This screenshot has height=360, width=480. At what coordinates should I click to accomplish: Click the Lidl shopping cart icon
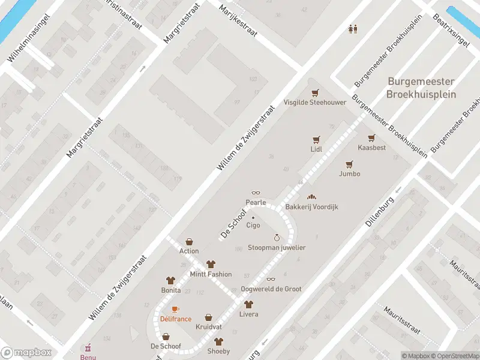click(x=316, y=139)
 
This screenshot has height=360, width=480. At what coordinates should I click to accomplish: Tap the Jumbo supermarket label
click(x=350, y=174)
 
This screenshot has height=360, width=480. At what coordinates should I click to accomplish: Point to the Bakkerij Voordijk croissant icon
click(x=311, y=197)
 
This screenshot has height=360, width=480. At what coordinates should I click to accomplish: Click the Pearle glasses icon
click(x=256, y=193)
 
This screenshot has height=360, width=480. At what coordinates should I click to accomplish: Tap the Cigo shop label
click(x=253, y=226)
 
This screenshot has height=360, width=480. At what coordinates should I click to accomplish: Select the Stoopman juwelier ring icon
click(x=277, y=238)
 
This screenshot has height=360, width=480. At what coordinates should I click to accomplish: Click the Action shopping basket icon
click(x=189, y=241)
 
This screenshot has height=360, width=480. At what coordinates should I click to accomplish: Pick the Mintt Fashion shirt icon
click(x=211, y=264)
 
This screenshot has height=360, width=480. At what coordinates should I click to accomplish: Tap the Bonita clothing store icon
click(x=170, y=280)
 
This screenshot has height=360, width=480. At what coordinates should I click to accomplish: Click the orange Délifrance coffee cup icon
click(x=175, y=309)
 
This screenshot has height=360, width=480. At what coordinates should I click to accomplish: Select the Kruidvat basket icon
click(x=208, y=317)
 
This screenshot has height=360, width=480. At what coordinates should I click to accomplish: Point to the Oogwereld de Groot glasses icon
click(x=271, y=279)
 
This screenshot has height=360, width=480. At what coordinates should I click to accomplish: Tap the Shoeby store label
click(x=218, y=351)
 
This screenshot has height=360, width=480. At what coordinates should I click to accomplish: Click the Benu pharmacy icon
click(x=88, y=347)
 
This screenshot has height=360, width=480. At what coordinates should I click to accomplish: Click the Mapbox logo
click(x=26, y=353)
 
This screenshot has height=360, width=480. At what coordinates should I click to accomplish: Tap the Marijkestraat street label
click(x=238, y=21)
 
